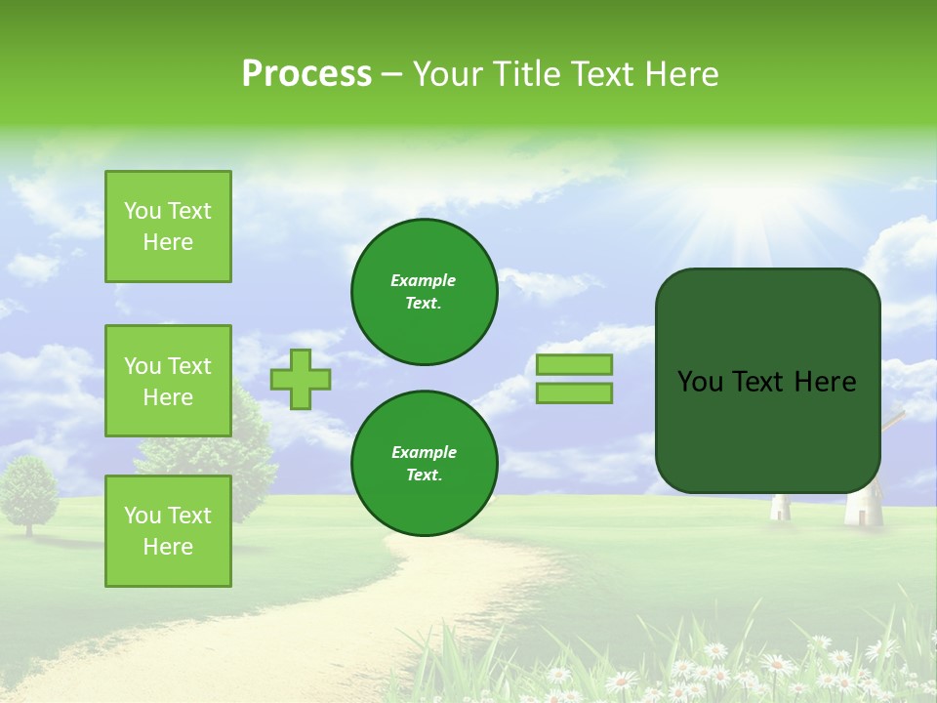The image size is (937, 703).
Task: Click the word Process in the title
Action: click(x=306, y=74)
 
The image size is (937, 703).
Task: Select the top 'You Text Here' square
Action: click(x=168, y=227)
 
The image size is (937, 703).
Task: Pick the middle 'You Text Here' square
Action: click(x=168, y=381)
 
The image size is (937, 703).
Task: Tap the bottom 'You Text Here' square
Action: click(x=168, y=530)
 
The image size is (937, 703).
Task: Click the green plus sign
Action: click(x=301, y=379)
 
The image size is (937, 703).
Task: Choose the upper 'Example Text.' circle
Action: click(x=425, y=292)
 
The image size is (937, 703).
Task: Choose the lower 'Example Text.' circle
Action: click(x=425, y=464)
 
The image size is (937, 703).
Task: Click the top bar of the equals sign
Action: click(x=574, y=365)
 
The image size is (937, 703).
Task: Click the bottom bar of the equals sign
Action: click(x=574, y=393)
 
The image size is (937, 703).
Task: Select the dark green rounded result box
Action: click(x=767, y=381)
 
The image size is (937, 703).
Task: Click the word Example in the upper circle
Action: click(x=424, y=280)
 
